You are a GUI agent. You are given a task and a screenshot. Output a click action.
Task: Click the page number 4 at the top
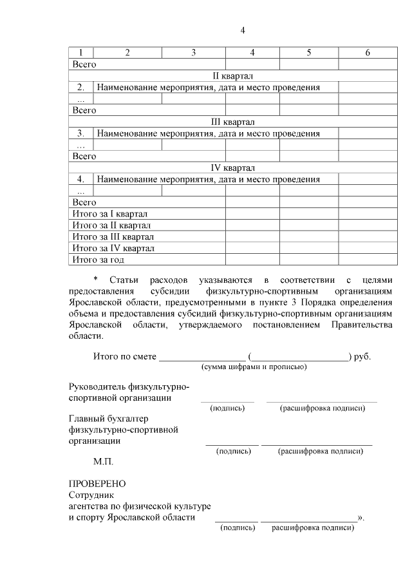(x=243, y=30)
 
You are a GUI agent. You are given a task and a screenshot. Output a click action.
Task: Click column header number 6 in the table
(x=367, y=53)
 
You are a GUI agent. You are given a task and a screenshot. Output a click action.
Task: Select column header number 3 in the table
(x=193, y=53)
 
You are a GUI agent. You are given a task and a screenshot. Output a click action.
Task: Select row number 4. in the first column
(x=80, y=179)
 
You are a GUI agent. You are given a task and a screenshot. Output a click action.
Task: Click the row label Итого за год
(x=98, y=260)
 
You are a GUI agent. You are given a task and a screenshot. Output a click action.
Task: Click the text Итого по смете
(x=125, y=356)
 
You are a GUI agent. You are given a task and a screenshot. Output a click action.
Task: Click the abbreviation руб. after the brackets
(x=362, y=356)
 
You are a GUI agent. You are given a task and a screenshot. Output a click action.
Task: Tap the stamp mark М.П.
(x=104, y=462)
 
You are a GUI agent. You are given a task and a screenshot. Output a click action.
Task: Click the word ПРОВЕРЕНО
(x=97, y=484)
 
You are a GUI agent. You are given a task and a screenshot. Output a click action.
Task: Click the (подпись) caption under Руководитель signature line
(x=227, y=408)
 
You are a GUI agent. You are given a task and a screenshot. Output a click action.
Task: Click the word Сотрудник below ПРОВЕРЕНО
(x=91, y=495)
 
